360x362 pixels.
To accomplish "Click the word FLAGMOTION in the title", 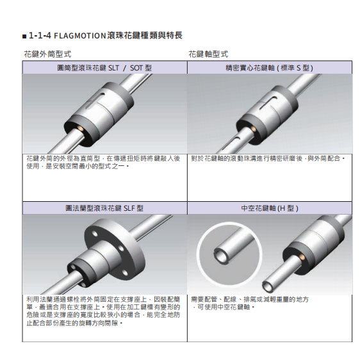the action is [x=79, y=36].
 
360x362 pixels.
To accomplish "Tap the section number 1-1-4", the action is [x=40, y=36].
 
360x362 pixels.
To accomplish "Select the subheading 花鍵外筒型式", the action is [x=47, y=54].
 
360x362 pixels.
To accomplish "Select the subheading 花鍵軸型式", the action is [x=208, y=54].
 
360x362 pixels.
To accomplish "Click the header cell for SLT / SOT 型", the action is [x=104, y=68].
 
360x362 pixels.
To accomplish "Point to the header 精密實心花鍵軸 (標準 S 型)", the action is [x=269, y=68].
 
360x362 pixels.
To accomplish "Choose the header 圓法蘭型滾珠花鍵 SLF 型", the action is [x=104, y=208].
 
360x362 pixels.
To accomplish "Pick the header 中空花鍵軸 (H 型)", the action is [x=270, y=208].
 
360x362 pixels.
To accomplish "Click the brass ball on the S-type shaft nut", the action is [x=253, y=128].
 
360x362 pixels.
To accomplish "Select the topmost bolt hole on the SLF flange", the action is [x=95, y=234].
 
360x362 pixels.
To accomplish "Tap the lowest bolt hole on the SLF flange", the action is [x=125, y=273].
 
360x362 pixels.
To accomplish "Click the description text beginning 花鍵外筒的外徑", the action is [x=103, y=162].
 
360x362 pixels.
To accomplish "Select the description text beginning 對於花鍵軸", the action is [x=268, y=159].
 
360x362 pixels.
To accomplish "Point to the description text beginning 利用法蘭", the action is [x=103, y=311].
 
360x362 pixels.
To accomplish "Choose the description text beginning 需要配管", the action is [x=250, y=303].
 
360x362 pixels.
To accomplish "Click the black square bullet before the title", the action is [x=24, y=37].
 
